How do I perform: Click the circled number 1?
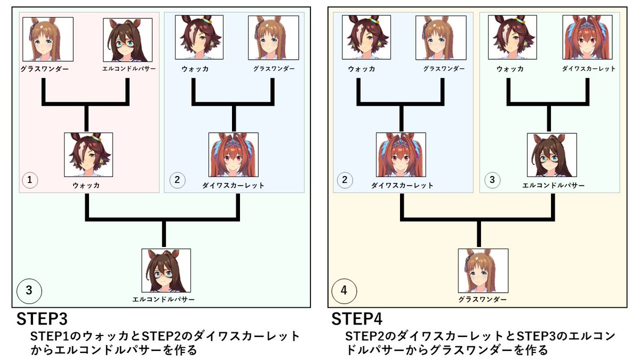[30, 180]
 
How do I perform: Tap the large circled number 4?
[343, 291]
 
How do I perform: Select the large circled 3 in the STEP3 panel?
[29, 291]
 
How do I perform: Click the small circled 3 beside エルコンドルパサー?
[492, 180]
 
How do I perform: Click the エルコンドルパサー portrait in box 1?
[127, 39]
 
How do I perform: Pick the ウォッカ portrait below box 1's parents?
[89, 155]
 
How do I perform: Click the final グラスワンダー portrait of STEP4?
[483, 270]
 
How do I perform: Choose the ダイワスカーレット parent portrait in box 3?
[587, 37]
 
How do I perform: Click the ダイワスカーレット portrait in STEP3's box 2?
[233, 155]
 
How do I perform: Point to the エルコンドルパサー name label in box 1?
[127, 69]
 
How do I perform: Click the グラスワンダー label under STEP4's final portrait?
[483, 300]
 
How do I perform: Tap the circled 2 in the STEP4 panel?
[345, 180]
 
